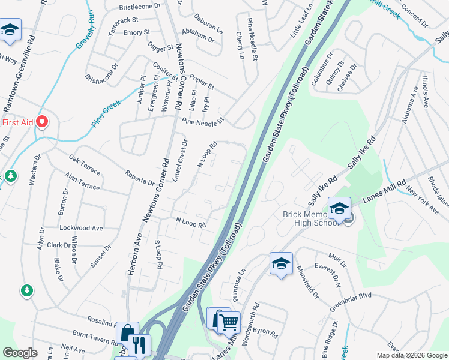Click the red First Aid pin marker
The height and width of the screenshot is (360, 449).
coord(42,122)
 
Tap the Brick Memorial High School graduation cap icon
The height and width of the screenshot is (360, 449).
coord(339,209)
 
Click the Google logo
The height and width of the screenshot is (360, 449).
coord(20,353)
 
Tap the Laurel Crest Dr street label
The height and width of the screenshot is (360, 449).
coord(180,161)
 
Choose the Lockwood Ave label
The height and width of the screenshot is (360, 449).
coord(81,229)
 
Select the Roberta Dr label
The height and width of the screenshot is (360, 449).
coord(139,178)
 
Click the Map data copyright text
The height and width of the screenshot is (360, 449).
coord(411,355)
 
